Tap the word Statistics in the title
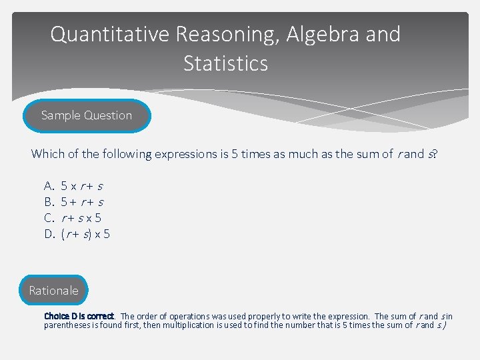[225, 64]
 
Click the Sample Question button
[87, 115]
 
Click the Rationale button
[53, 291]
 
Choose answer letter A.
[49, 185]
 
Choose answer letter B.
[49, 201]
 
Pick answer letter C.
[49, 217]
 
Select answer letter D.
[49, 233]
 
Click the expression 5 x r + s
[82, 185]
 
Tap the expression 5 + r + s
[82, 201]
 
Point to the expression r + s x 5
[81, 217]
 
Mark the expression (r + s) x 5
[85, 233]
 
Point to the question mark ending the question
[435, 154]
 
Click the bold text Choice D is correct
[79, 316]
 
